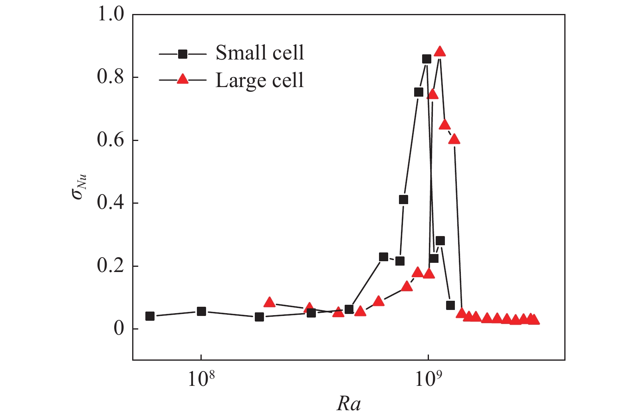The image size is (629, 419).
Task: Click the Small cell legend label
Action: [x=260, y=53]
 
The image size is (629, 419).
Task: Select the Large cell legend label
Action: [x=260, y=80]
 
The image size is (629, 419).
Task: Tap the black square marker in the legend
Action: [x=183, y=54]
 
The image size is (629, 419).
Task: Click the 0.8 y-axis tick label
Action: [x=111, y=77]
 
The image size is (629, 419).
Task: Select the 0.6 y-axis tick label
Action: [x=111, y=140]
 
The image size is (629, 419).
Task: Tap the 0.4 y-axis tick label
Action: [x=111, y=203]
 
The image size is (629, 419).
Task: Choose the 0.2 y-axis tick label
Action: [x=111, y=266]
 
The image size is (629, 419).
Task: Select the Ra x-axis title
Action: [x=349, y=404]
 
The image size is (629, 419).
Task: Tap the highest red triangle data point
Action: [x=440, y=52]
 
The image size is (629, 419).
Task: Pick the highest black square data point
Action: [x=427, y=59]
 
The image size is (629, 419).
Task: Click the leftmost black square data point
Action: [x=150, y=316]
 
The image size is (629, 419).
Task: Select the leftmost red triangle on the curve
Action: [x=270, y=302]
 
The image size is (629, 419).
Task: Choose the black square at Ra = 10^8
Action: [x=201, y=311]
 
